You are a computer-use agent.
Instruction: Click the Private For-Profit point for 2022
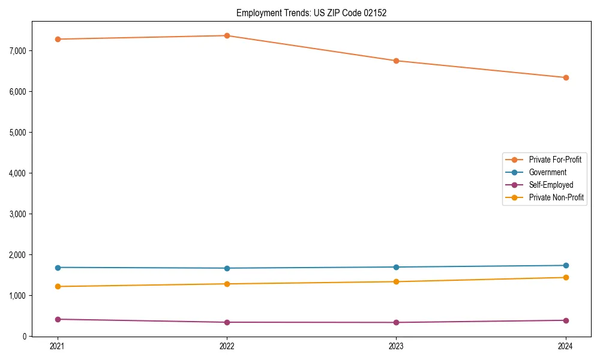(x=227, y=35)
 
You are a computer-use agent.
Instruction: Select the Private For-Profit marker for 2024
(x=566, y=77)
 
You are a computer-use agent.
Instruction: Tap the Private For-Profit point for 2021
(x=58, y=39)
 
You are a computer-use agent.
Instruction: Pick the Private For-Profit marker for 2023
(x=396, y=61)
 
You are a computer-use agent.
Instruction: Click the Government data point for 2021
(x=58, y=268)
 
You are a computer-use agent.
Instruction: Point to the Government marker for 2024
(x=566, y=265)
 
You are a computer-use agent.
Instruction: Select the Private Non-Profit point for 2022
(x=227, y=284)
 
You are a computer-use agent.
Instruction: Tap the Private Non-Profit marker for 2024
(x=566, y=277)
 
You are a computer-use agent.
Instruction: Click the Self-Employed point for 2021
(x=58, y=319)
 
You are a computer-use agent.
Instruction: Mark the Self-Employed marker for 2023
(x=396, y=322)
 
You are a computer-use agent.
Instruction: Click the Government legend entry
(x=547, y=172)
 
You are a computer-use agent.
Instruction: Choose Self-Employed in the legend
(x=551, y=185)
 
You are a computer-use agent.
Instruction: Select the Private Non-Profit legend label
(x=556, y=197)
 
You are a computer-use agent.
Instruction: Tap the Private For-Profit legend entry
(x=555, y=160)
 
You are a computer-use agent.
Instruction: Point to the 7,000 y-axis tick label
(x=17, y=51)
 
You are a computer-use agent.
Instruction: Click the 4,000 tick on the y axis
(x=17, y=173)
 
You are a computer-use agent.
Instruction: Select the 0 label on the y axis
(x=25, y=337)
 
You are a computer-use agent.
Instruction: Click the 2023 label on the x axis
(x=396, y=346)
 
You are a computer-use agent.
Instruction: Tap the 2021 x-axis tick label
(x=58, y=346)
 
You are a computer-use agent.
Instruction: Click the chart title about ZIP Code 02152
(x=311, y=13)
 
